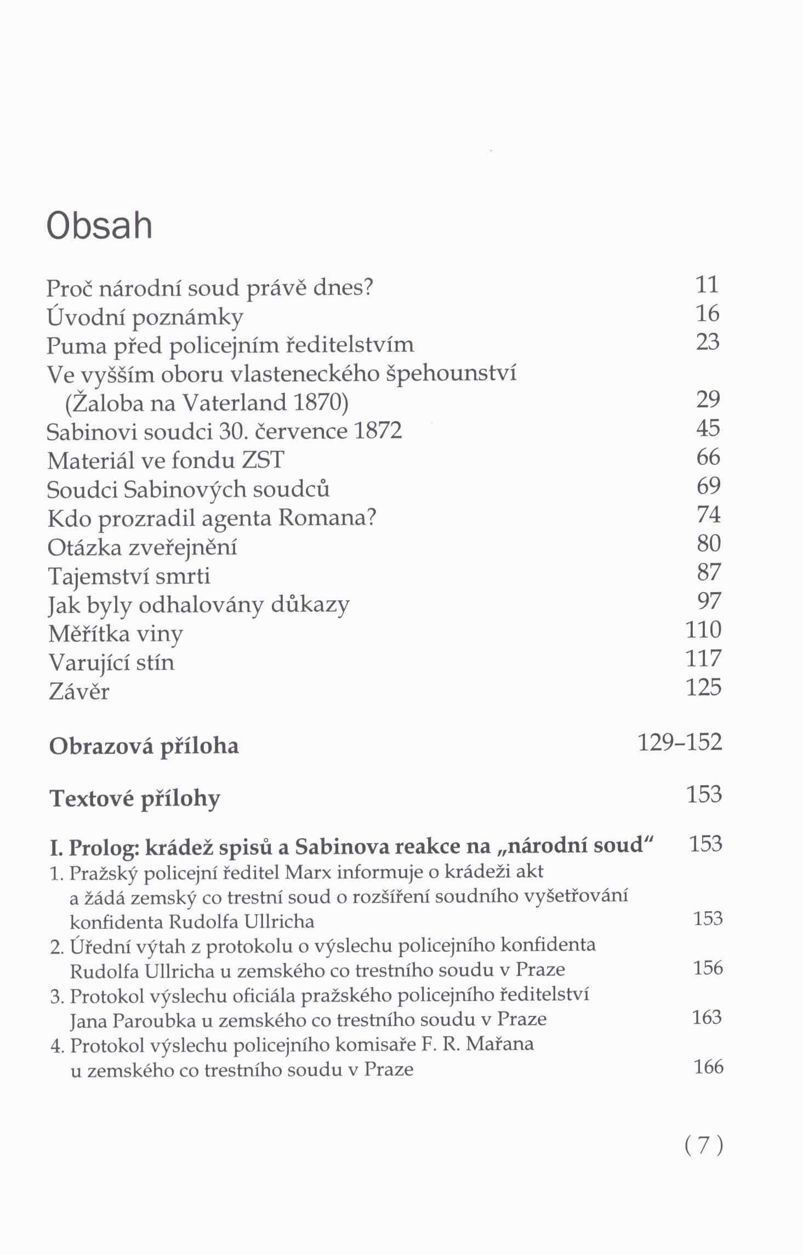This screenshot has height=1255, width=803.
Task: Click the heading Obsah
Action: (99, 226)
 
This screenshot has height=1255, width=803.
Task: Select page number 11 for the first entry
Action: (707, 285)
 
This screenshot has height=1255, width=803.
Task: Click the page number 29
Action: (707, 399)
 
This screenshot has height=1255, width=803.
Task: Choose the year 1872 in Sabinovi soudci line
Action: (378, 431)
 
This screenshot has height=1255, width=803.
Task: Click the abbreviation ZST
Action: (263, 460)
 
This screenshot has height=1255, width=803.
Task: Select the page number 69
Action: (708, 486)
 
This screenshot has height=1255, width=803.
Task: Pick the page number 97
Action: (708, 601)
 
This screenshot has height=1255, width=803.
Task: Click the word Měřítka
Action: (88, 634)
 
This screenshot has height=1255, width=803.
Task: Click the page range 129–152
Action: (680, 742)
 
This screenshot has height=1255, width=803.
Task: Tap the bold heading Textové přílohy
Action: (135, 799)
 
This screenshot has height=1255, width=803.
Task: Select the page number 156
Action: (708, 968)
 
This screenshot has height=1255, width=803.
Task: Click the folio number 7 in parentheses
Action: (704, 1145)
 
